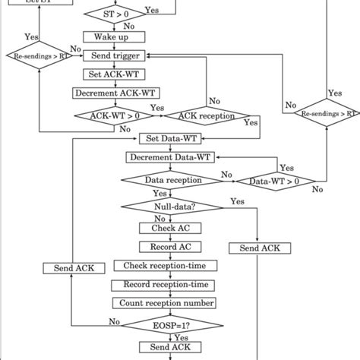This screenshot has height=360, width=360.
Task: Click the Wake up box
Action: (x=109, y=36)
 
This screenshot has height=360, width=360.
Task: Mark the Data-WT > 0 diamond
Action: (x=268, y=181)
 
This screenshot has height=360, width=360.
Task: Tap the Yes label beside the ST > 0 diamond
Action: (x=151, y=11)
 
